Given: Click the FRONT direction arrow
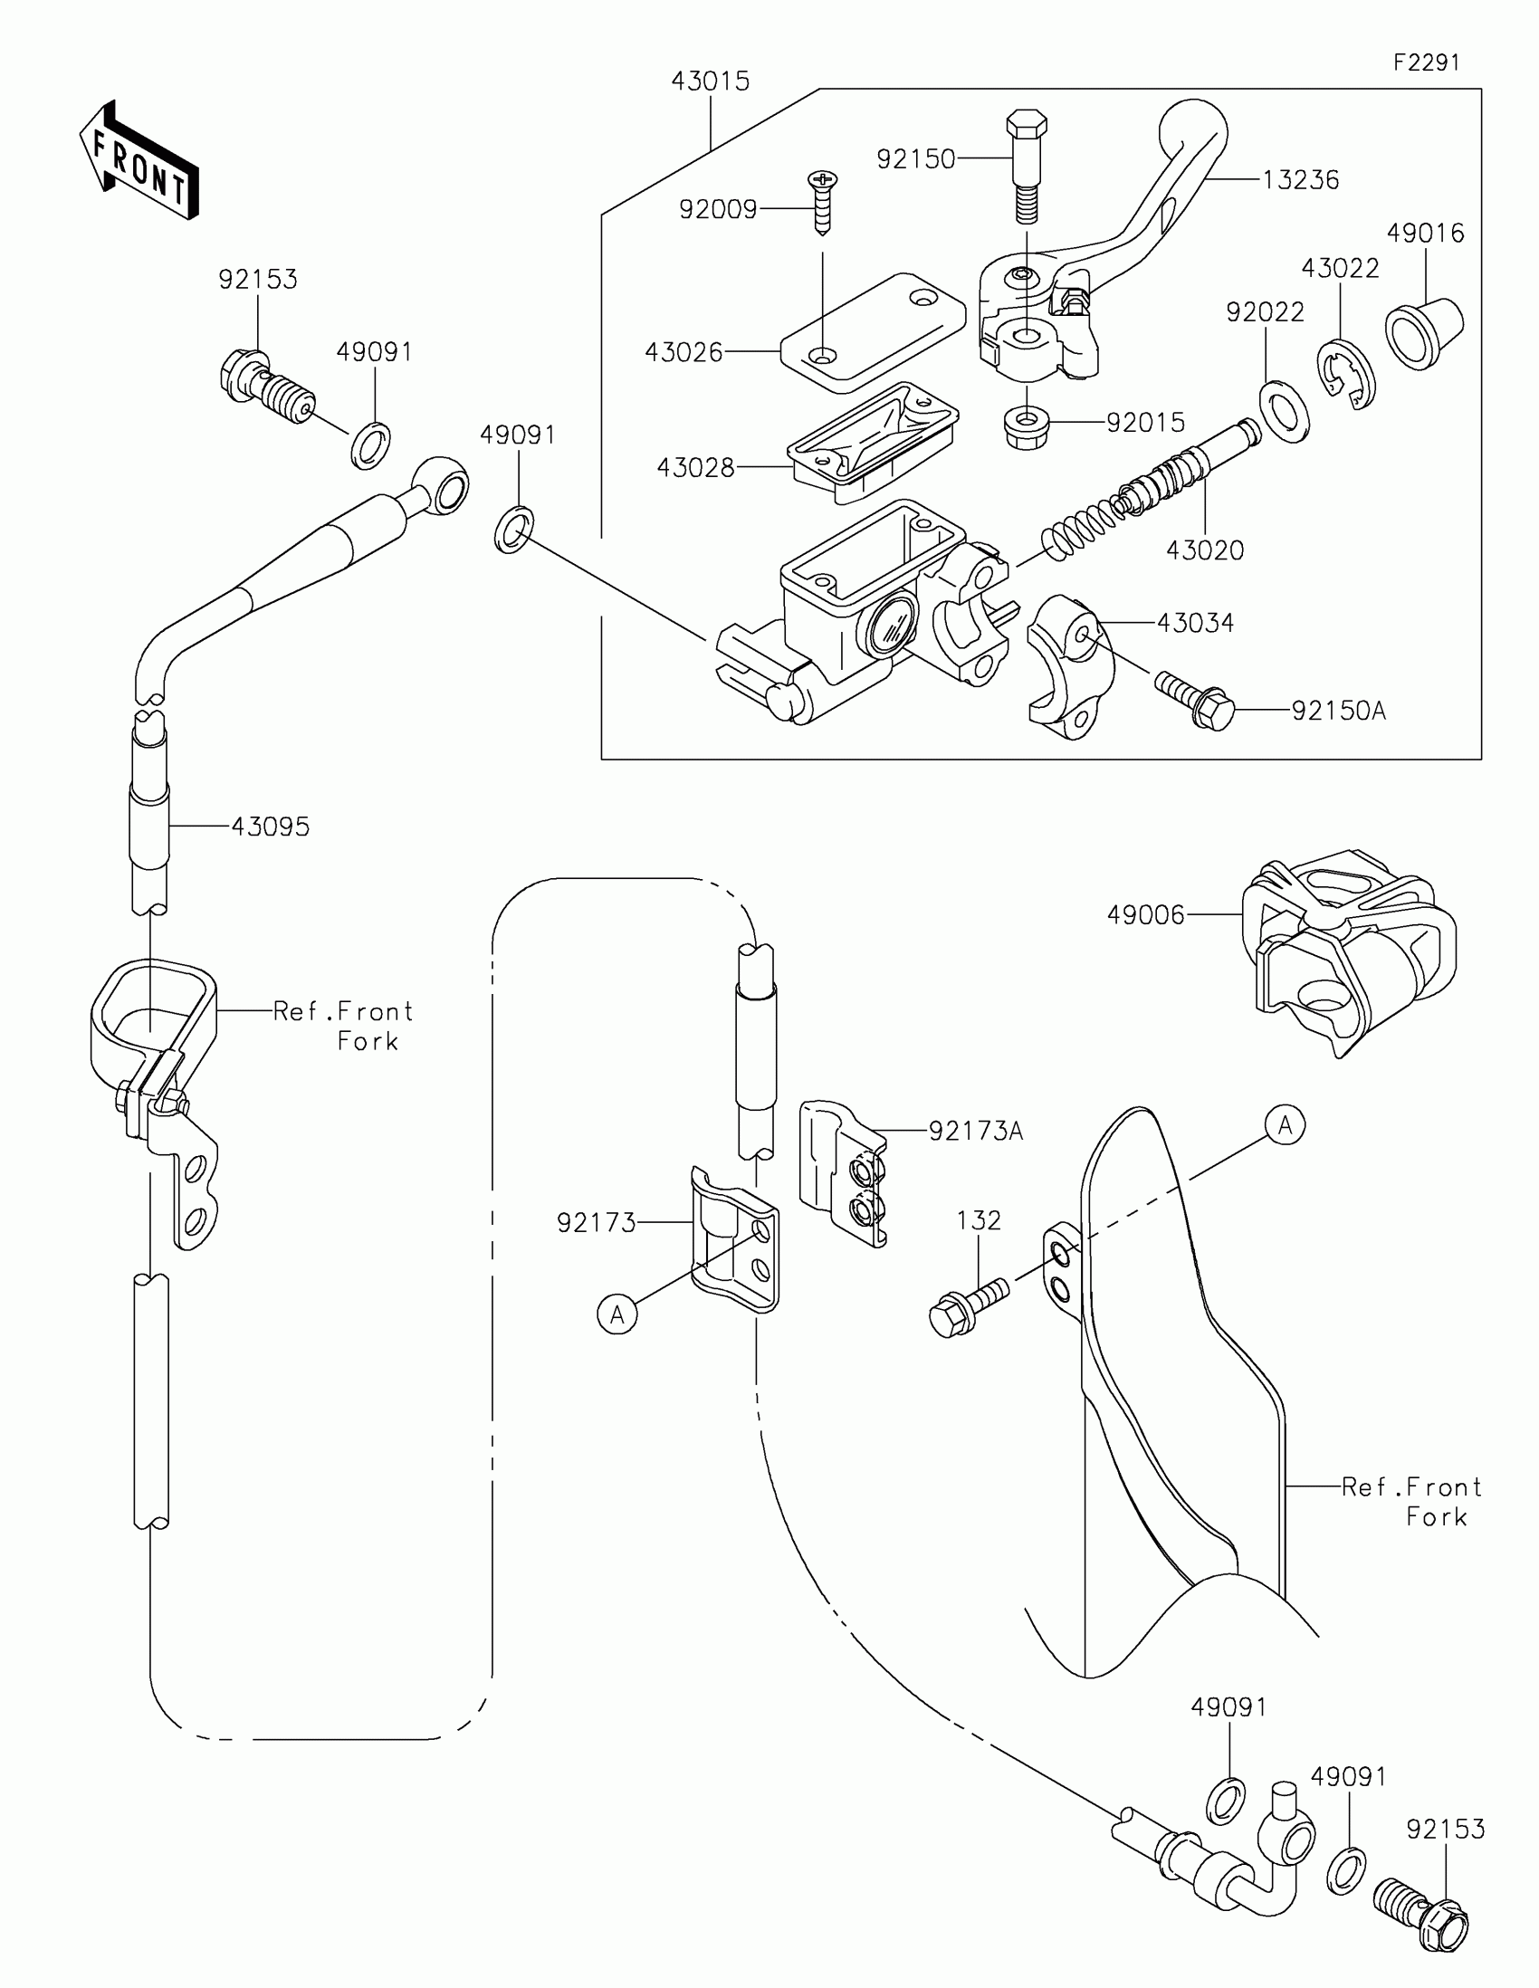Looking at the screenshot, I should pyautogui.click(x=139, y=160).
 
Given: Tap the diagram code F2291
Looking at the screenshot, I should pyautogui.click(x=1426, y=62).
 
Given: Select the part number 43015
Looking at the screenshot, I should pyautogui.click(x=710, y=81).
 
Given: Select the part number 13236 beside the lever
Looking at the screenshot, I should pyautogui.click(x=1301, y=180).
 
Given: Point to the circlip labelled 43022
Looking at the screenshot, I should pyautogui.click(x=1347, y=373).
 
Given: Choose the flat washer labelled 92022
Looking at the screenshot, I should pyautogui.click(x=1285, y=411).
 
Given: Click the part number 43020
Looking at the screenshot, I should pyautogui.click(x=1205, y=550).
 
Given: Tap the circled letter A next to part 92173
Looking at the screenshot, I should pyautogui.click(x=617, y=1314).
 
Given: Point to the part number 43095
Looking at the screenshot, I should pyautogui.click(x=271, y=827).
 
